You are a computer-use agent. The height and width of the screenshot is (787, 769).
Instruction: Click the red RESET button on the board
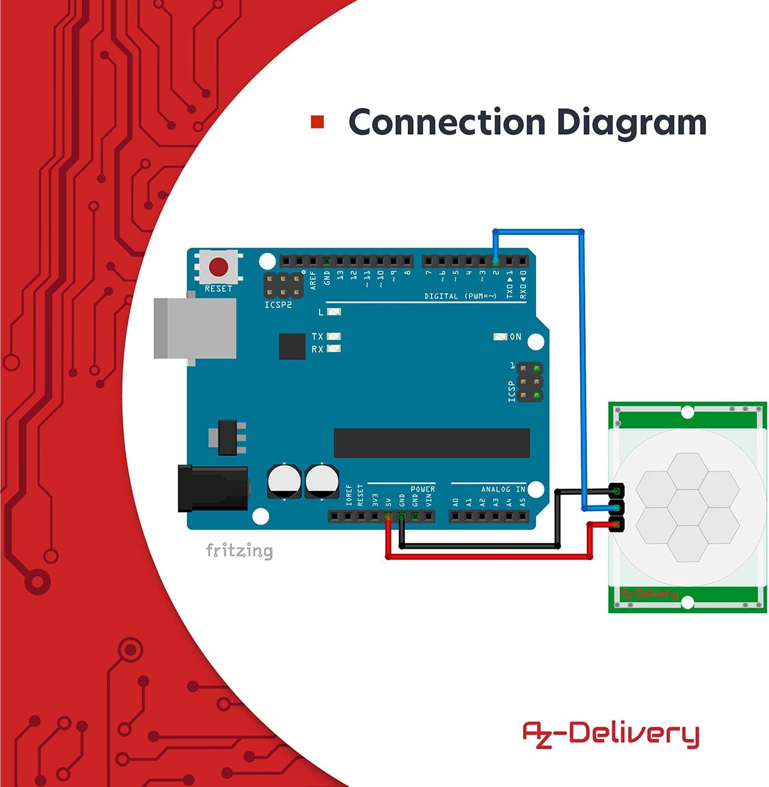click(218, 267)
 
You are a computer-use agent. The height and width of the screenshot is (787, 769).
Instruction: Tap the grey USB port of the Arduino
click(195, 329)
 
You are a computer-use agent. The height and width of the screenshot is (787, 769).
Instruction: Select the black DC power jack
click(213, 488)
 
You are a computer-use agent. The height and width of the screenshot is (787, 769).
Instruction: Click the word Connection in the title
click(447, 122)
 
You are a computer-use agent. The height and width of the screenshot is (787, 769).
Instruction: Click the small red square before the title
click(318, 122)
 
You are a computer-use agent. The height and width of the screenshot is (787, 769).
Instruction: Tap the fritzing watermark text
click(239, 551)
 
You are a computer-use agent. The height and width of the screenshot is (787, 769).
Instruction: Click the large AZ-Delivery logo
click(610, 733)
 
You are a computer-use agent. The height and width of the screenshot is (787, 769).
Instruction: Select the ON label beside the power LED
click(515, 337)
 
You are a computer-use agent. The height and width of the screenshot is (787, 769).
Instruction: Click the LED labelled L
click(334, 312)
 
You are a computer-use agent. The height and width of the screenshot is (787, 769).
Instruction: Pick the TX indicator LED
click(334, 336)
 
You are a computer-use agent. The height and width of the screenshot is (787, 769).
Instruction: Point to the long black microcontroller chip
click(431, 443)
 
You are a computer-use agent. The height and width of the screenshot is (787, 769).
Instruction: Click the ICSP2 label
click(278, 305)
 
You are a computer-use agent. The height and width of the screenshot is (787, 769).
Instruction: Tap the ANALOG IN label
click(503, 489)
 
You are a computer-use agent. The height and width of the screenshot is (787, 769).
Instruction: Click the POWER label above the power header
click(423, 489)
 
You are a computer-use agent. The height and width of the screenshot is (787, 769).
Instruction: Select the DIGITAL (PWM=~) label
click(460, 296)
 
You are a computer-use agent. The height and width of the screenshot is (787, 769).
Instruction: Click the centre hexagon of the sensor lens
click(688, 507)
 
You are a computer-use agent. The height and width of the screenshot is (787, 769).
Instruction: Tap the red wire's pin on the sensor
click(617, 524)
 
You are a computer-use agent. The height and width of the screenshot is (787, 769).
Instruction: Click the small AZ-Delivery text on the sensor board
click(649, 594)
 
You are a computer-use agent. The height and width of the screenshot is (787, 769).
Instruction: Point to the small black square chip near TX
click(292, 346)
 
